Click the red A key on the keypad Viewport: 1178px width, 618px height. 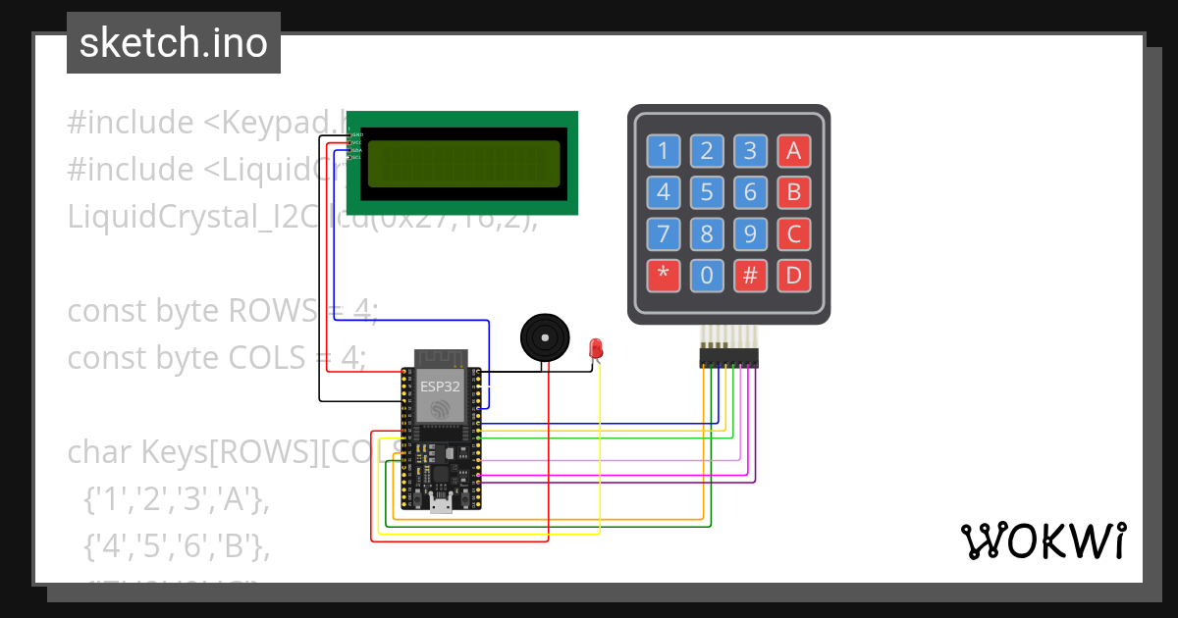click(793, 150)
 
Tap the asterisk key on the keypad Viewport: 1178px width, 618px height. click(664, 276)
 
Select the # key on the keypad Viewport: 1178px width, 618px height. click(750, 276)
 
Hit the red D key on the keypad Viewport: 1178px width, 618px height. click(793, 276)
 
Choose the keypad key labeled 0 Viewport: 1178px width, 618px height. click(707, 276)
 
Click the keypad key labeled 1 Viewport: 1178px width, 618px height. click(664, 150)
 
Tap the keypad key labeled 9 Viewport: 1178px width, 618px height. click(750, 234)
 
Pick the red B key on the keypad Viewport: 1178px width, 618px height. click(793, 191)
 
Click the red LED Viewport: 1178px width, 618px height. click(595, 348)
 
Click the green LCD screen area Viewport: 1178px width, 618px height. click(462, 163)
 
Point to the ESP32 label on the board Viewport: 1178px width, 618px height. click(440, 386)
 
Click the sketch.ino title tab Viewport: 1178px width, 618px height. click(174, 43)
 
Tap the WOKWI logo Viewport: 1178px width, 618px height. click(1042, 541)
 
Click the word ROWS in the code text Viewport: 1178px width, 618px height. click(267, 311)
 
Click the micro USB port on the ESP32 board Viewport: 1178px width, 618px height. click(441, 506)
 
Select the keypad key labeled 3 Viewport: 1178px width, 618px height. click(750, 150)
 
